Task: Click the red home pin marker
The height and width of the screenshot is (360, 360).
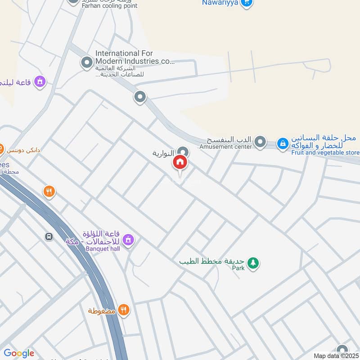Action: (180, 163)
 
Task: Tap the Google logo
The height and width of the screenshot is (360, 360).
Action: (18, 353)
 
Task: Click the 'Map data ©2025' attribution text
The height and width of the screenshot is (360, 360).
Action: (336, 355)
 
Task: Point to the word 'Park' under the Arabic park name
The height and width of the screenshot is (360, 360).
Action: (238, 268)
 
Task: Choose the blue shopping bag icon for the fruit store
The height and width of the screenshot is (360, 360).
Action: (283, 144)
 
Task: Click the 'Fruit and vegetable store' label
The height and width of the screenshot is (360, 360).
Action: (325, 153)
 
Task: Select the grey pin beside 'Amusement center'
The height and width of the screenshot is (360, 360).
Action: (260, 143)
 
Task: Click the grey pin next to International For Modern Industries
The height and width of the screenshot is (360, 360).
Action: (86, 63)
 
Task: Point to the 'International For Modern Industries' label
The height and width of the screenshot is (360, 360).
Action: (135, 57)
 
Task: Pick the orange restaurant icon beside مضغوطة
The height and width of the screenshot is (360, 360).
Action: (124, 310)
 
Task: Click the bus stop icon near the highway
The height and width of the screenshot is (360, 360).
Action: (49, 237)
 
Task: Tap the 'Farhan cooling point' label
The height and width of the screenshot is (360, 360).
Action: (109, 6)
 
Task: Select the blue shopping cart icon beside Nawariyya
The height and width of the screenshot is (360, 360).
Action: (246, 3)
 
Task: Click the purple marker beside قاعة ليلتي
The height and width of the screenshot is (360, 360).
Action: (40, 82)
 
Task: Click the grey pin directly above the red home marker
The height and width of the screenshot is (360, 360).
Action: (182, 152)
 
